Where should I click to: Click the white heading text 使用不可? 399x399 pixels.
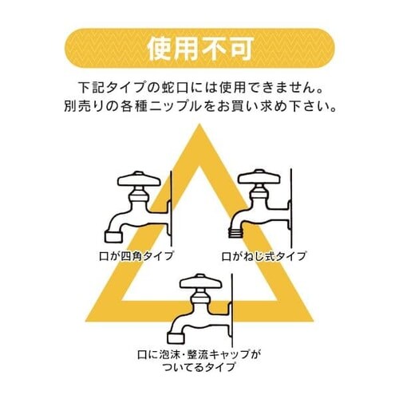coord(199,49)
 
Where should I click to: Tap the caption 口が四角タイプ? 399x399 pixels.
coord(136,256)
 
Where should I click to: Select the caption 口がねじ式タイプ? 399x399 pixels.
coord(264,256)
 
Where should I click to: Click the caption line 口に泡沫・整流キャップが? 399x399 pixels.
coord(199,354)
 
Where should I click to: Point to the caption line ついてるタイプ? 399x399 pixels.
coord(199,367)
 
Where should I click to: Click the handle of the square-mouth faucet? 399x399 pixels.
coord(139,180)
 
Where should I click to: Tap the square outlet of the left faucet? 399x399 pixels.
coord(114,236)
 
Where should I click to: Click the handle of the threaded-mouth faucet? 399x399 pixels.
coord(259,177)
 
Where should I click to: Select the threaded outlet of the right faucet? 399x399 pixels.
coord(236,233)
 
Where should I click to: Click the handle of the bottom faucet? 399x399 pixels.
coord(200,282)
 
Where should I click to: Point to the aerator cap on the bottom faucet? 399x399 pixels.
coord(176,338)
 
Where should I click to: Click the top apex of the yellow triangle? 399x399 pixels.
coord(199,124)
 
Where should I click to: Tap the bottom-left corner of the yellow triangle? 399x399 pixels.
coord(86,321)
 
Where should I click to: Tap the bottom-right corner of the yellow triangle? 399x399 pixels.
coord(313,321)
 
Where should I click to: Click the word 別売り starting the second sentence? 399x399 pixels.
coord(83,107)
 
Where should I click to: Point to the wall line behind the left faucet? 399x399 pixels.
coord(172,209)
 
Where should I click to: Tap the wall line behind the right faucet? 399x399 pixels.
coord(291,207)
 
